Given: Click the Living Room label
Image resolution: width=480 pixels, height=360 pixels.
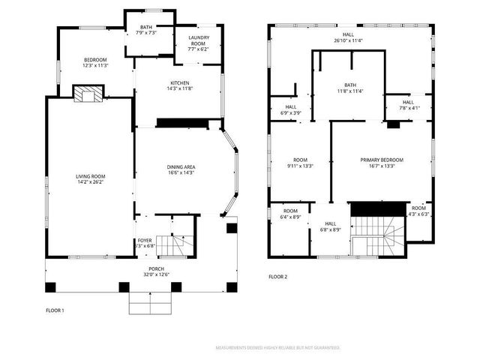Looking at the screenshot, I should point(89,179).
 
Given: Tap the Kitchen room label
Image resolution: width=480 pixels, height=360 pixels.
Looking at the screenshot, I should point(179,85).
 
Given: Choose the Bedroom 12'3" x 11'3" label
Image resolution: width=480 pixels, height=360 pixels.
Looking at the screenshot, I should point(95,62).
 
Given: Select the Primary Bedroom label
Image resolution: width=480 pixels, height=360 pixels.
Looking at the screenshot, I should point(382,163).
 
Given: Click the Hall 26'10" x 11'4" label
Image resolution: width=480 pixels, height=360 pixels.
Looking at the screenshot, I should point(348,37).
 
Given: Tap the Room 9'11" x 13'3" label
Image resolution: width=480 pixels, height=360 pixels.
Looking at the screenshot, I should point(300,163).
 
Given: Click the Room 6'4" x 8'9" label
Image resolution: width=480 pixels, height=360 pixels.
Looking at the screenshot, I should point(290,214).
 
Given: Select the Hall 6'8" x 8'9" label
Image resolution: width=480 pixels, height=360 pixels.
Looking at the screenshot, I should point(331,226).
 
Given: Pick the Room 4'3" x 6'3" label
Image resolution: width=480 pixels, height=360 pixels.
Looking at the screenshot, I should point(418,211).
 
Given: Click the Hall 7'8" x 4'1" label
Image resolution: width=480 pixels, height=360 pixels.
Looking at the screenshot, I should point(407,105).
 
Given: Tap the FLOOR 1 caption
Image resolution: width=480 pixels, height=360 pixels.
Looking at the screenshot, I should point(55,310).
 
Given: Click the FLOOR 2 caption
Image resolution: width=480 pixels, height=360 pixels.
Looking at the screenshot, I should point(278,277).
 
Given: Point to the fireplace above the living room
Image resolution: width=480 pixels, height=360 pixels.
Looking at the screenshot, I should point(88,93).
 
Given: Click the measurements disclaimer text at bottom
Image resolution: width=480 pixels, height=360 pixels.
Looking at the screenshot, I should point(277,348).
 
